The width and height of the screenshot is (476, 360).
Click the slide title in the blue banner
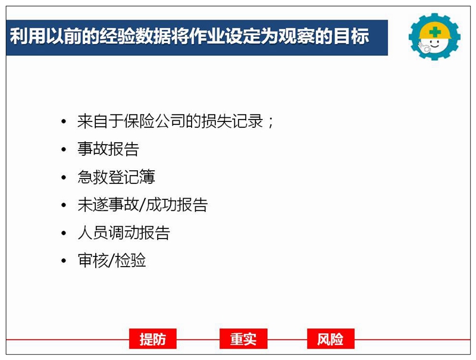pos(189,36)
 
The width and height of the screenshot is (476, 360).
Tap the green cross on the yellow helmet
pos(435,32)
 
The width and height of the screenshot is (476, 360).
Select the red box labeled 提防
pos(153,339)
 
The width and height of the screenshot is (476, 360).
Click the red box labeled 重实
pos(243,339)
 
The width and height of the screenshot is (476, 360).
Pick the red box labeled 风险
pos(331,339)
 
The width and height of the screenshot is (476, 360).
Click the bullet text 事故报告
pos(108,149)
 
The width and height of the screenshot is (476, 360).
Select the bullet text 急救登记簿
pos(116,177)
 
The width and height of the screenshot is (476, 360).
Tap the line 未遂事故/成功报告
pos(143,205)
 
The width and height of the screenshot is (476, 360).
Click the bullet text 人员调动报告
pos(124,233)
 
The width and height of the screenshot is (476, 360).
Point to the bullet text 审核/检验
pos(112,261)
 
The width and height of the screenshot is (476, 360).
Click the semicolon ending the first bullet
pos(271,123)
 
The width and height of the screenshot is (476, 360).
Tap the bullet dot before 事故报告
pos(64,149)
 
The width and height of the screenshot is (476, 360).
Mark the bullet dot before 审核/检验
pos(64,261)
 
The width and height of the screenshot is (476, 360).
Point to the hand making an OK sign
pos(423,48)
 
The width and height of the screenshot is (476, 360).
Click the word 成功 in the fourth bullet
pos(161,205)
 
